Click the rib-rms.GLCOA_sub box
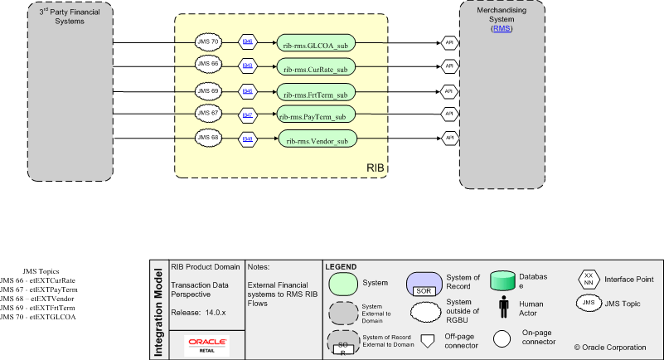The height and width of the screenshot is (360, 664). point(317,46)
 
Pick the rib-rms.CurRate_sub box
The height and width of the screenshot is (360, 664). point(317,67)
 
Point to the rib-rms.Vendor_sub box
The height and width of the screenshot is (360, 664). point(317,139)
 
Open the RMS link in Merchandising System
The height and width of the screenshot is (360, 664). point(502,29)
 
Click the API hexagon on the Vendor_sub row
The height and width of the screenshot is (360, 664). point(448,137)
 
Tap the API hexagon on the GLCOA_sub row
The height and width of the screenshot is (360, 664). point(448,41)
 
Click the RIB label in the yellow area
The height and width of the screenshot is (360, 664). point(376,169)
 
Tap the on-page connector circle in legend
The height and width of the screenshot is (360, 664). point(502,338)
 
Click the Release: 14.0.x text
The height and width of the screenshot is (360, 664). point(196,313)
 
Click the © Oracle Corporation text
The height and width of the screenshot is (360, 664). point(610,346)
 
